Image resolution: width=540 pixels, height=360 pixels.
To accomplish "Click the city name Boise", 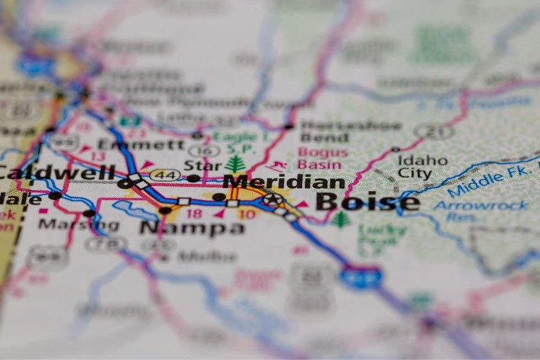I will [x=367, y=202].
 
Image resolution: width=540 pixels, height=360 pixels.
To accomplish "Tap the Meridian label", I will [x=283, y=181].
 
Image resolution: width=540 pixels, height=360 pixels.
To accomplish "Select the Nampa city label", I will [x=192, y=228].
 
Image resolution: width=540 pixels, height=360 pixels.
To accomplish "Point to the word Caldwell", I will [x=57, y=172].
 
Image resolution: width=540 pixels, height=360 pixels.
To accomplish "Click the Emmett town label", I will [x=140, y=144].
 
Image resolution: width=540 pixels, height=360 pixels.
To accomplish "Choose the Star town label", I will [x=202, y=165].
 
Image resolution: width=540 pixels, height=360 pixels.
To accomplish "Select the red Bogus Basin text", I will [x=323, y=158].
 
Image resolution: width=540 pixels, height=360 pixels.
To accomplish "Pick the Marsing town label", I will [x=68, y=224].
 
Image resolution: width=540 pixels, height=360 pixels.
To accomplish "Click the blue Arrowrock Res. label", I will [x=480, y=211].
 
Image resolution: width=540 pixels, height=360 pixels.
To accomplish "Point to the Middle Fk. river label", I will [x=486, y=179].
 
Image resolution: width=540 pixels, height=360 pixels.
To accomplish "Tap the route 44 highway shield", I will [x=164, y=175].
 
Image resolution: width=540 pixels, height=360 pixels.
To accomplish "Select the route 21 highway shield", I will [x=434, y=131].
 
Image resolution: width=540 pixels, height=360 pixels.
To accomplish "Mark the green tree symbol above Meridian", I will [x=235, y=164].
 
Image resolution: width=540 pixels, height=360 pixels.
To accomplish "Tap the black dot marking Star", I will [x=193, y=178].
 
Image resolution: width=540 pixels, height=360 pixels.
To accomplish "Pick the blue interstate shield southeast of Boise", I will [x=360, y=277].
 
